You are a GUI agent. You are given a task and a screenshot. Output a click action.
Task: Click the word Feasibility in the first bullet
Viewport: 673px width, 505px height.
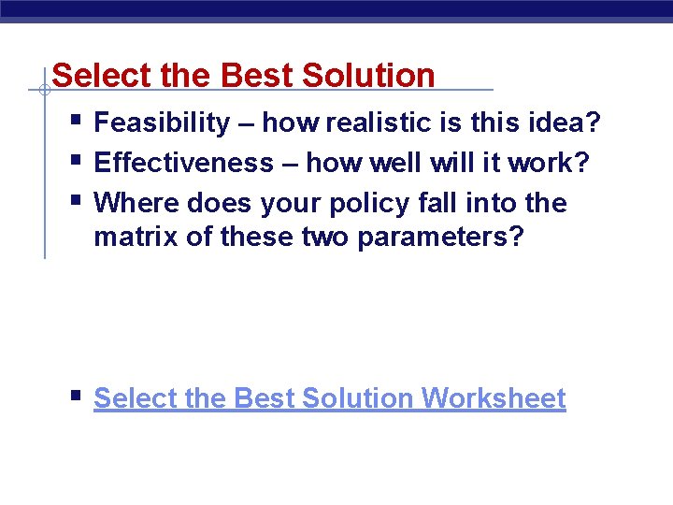point(162,123)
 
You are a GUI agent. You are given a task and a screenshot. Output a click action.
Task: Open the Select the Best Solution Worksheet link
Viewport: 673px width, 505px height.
point(329,398)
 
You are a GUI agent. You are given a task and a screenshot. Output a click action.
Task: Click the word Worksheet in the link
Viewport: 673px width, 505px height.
point(494,398)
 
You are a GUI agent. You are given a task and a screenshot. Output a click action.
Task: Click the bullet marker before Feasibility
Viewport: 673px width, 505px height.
point(76,122)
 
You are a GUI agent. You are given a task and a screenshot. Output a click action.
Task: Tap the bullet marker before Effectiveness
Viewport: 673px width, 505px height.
point(76,161)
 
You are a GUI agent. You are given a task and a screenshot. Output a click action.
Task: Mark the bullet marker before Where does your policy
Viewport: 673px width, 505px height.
point(76,201)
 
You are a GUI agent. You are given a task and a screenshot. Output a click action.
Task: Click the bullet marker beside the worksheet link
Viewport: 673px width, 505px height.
point(76,397)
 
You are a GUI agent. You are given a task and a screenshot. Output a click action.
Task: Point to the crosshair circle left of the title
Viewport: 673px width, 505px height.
point(44,91)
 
